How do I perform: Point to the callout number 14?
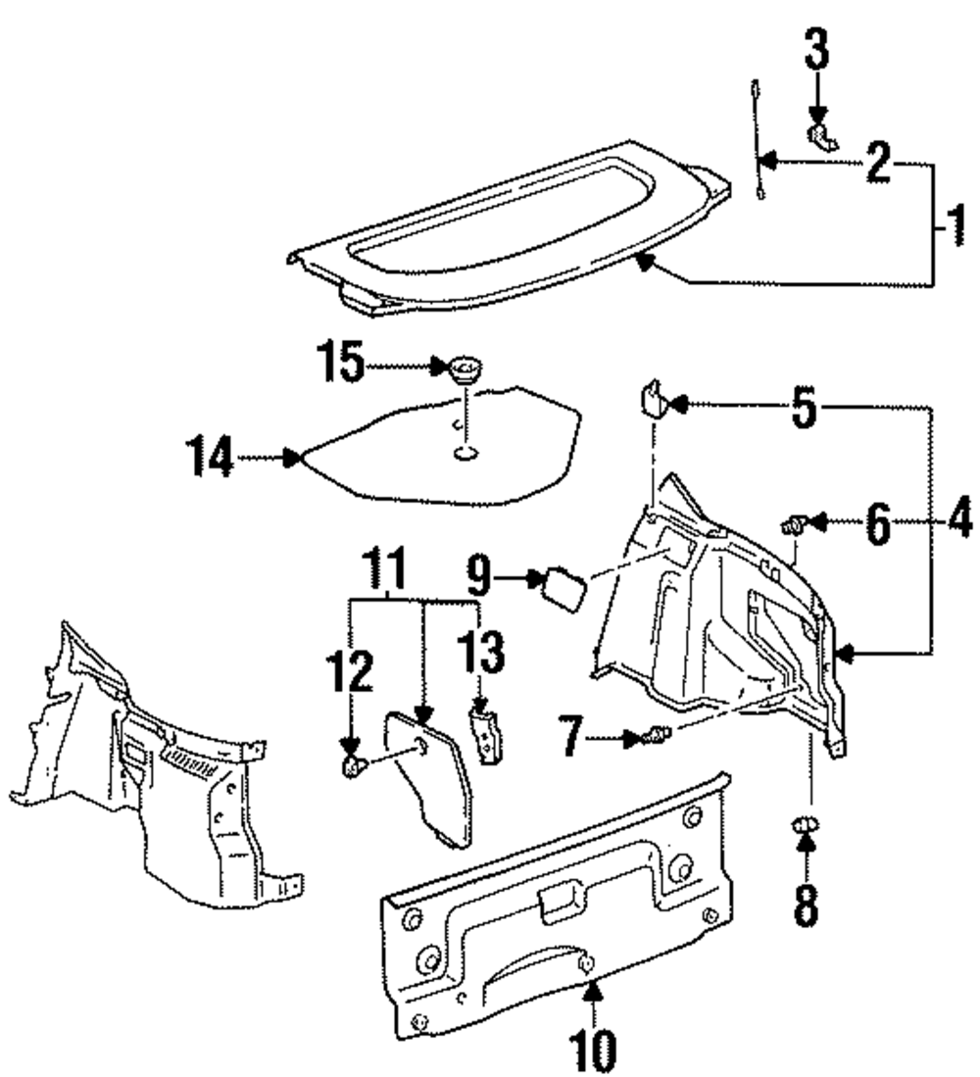tap(213, 457)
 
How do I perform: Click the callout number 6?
tap(875, 526)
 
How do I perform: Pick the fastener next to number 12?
tap(352, 763)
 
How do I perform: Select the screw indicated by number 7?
tap(659, 733)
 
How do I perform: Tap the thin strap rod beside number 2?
tap(757, 137)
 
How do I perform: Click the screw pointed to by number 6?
tap(792, 527)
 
